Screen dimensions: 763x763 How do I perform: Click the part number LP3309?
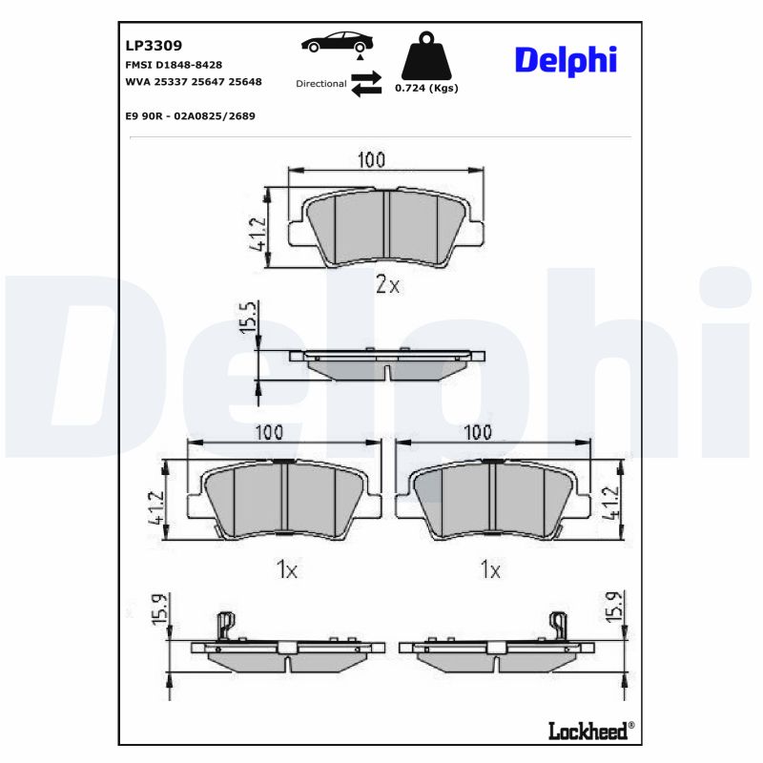(x=154, y=45)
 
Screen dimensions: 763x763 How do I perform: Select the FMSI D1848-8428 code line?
(x=174, y=64)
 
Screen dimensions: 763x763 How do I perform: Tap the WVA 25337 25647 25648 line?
(x=194, y=83)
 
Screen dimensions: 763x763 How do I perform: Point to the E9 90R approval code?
(x=190, y=115)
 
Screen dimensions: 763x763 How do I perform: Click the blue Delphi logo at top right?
(x=566, y=59)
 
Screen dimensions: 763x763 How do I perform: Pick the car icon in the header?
(x=338, y=43)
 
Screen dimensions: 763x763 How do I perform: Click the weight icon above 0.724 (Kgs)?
(x=426, y=57)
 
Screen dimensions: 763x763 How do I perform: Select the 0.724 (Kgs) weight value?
(x=426, y=89)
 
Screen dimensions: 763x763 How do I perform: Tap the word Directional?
(x=320, y=84)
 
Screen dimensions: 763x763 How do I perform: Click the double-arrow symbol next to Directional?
(x=365, y=83)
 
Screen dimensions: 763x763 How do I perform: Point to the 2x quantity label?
(x=387, y=284)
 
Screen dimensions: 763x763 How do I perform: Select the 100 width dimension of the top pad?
(x=372, y=159)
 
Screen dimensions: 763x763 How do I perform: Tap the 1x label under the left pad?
(x=286, y=570)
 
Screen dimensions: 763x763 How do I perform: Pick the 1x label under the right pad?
(x=490, y=570)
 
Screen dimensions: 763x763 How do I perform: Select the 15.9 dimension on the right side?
(x=614, y=608)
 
